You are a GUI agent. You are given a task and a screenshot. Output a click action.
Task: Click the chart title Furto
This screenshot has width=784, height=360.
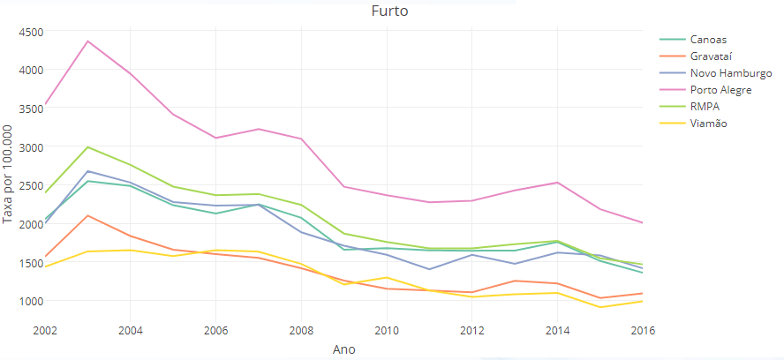388,12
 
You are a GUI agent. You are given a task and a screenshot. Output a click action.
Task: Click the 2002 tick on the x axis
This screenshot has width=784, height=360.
45,330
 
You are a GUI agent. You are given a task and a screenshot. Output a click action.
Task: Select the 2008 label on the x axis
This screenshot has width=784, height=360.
301,330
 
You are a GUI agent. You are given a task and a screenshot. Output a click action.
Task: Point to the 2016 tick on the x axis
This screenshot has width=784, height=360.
642,330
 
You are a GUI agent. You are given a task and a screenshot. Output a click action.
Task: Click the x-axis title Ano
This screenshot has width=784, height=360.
343,349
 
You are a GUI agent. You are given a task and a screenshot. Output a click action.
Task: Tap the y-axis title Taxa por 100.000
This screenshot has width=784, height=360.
9,175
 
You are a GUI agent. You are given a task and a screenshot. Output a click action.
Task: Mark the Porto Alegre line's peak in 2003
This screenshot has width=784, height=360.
87,41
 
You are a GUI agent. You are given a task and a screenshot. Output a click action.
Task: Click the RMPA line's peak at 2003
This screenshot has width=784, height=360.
87,146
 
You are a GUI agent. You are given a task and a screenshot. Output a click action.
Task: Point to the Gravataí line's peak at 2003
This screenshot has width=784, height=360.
87,215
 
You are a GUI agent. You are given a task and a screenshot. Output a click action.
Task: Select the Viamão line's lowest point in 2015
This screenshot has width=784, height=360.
600,307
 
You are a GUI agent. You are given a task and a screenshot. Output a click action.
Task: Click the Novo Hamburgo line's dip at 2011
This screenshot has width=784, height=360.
429,269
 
